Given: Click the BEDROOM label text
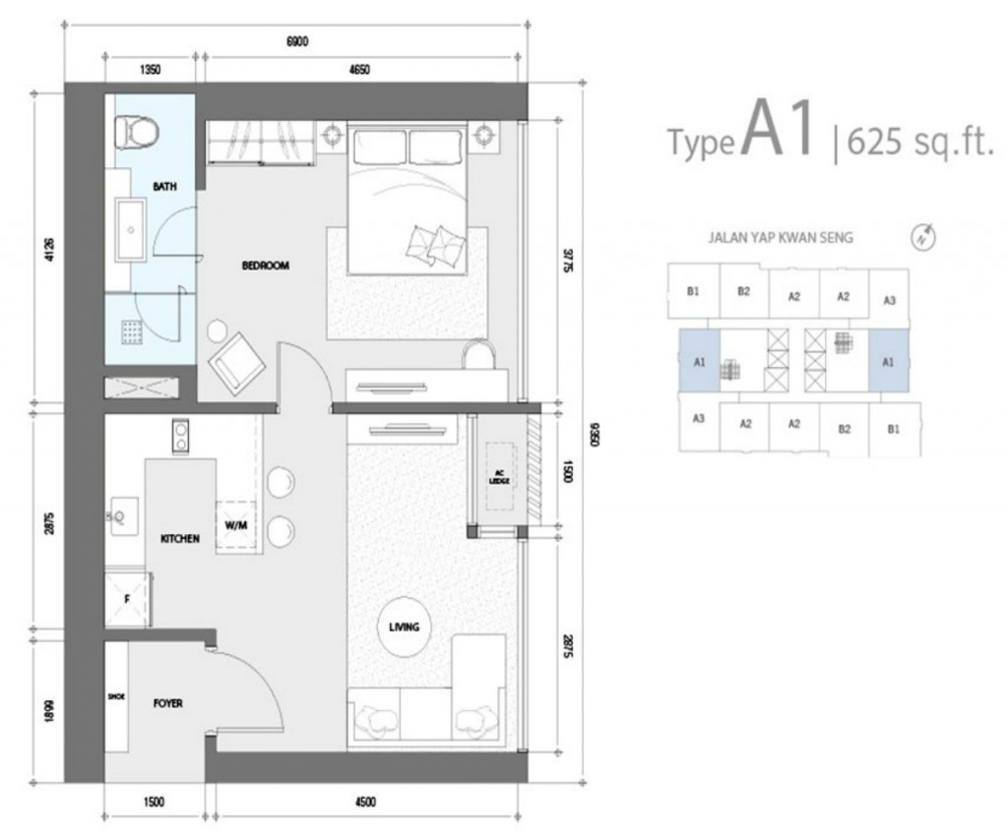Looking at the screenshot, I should [x=266, y=266].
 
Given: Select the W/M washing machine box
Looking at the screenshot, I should [x=237, y=525].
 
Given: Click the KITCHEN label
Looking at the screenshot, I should [x=180, y=539].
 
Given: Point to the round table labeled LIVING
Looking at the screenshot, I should [x=406, y=626].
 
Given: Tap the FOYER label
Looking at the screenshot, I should [x=167, y=703].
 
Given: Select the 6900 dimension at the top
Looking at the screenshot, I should [x=296, y=41].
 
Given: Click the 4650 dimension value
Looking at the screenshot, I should [x=359, y=69].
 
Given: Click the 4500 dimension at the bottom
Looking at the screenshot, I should [x=365, y=802].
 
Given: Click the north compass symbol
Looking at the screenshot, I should [x=922, y=236].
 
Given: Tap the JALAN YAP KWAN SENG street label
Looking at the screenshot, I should [x=779, y=238].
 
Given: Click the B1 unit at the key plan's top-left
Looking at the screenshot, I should [x=693, y=291].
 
